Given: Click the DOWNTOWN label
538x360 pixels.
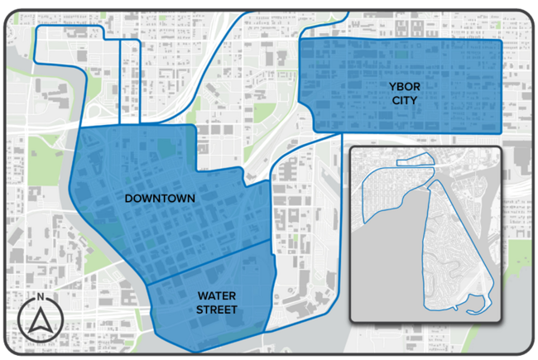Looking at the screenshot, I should tap(160, 199).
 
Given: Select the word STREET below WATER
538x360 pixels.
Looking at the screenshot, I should tap(215, 310).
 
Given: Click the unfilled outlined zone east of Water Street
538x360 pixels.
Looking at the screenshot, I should tap(306, 248).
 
